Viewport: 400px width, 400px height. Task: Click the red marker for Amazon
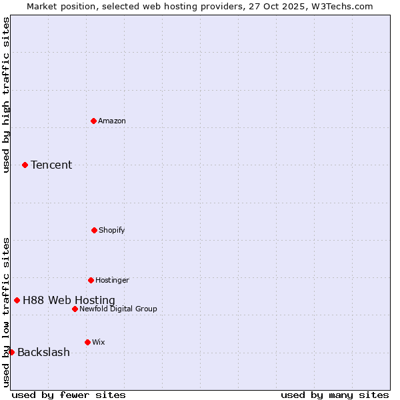coord(94,121)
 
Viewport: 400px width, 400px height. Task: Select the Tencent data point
coord(25,165)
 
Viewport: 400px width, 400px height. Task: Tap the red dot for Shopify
coord(94,230)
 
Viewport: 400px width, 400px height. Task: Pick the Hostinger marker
coord(91,280)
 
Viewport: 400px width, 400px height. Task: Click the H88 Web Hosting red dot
coord(17,300)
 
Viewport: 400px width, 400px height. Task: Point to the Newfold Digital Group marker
coord(75,309)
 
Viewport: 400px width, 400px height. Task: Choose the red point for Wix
coord(87,342)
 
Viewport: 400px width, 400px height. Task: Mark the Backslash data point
coord(11,352)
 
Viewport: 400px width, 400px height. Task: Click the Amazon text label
coord(112,121)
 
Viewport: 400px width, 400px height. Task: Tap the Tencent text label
coord(51,165)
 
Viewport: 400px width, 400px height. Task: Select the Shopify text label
coord(112,230)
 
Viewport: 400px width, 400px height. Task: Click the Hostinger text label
coord(112,280)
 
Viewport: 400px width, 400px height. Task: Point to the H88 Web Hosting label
coord(69,300)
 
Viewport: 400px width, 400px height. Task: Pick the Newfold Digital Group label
coord(118,309)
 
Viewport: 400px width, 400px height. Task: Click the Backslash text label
coord(43,352)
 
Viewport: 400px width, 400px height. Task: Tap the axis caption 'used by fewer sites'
coord(69,395)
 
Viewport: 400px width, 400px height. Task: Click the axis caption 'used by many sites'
coord(335,395)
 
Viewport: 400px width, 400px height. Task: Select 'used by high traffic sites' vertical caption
coord(6,95)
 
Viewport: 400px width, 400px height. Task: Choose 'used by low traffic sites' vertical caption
coord(6,312)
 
